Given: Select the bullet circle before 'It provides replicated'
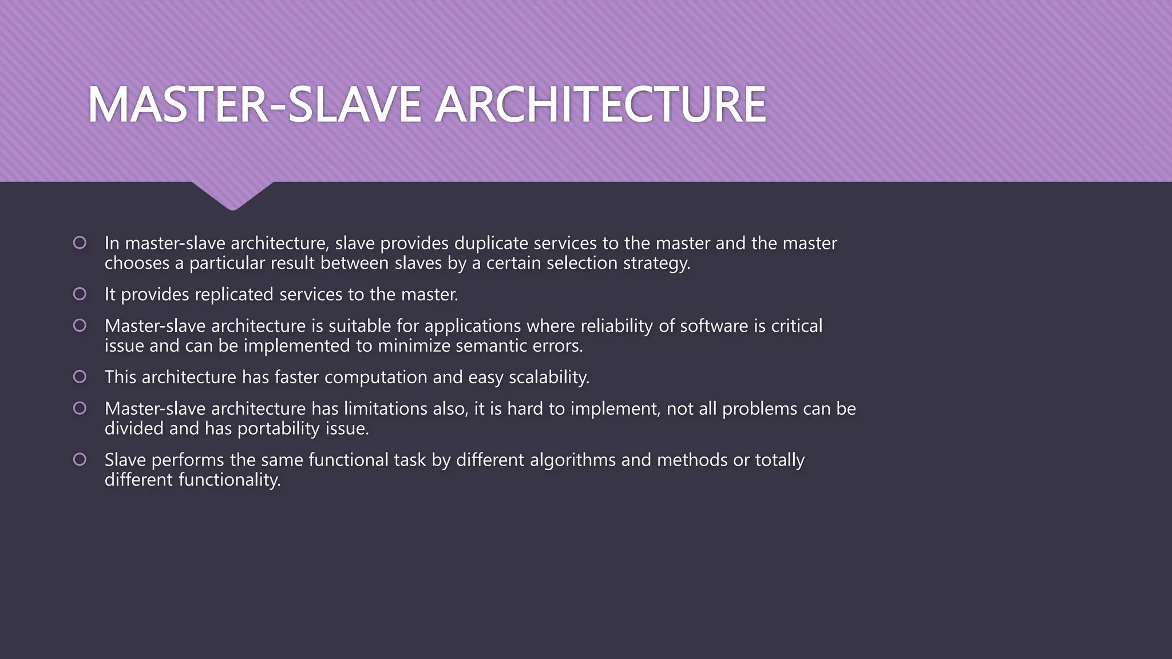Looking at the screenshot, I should click(80, 294).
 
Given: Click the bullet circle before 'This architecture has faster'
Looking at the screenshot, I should click(80, 377).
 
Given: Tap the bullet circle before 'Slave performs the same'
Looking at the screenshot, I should click(80, 459).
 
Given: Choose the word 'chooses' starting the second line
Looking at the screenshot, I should click(137, 264).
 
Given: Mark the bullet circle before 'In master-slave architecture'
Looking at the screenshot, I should click(80, 243).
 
